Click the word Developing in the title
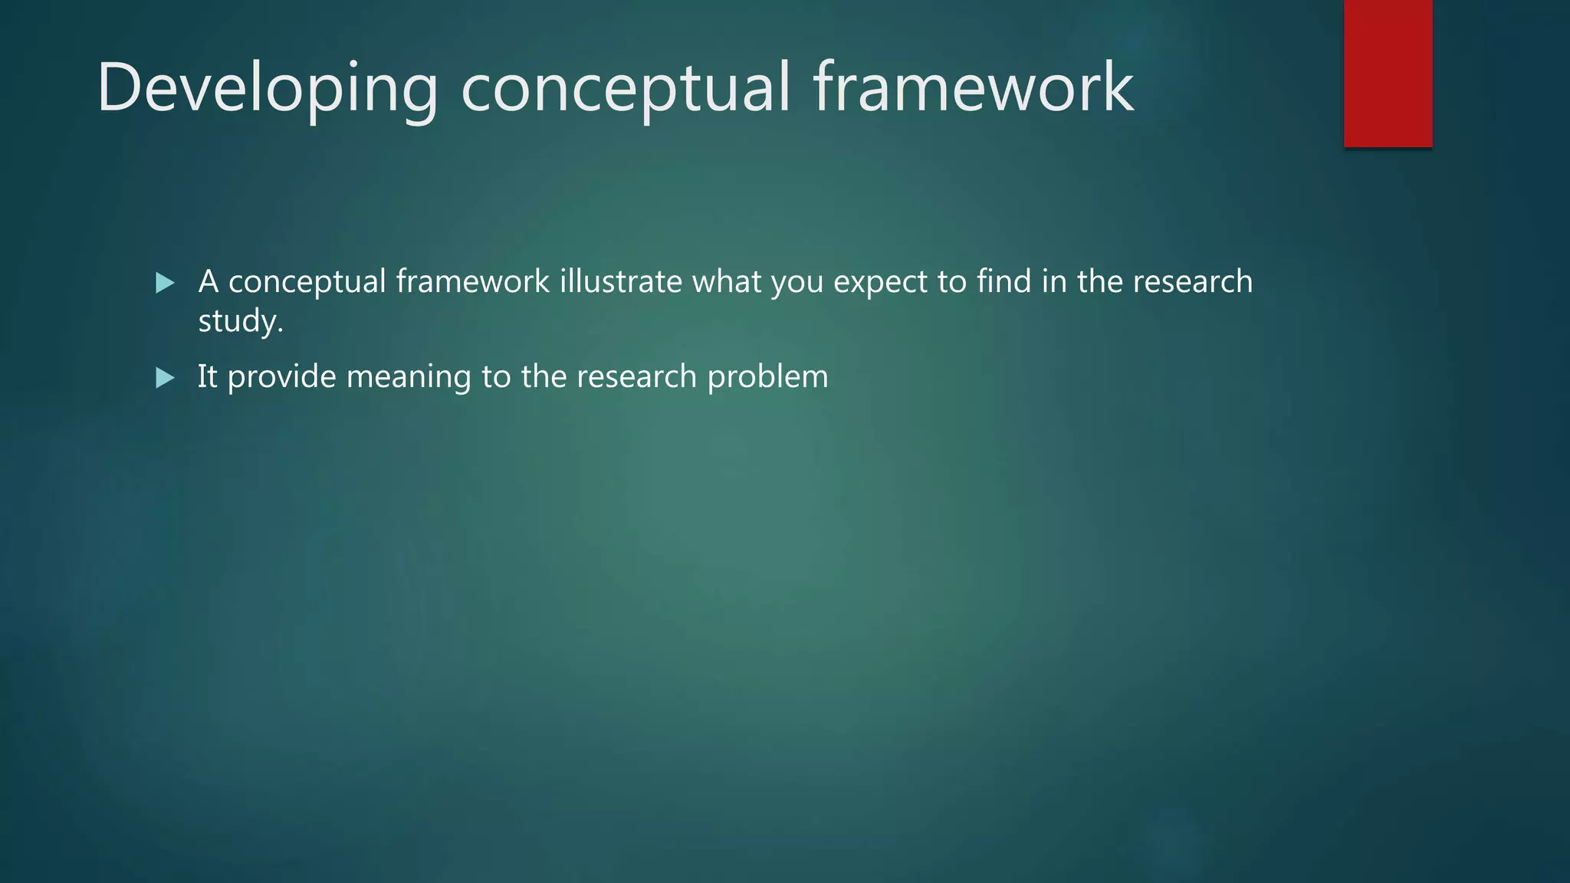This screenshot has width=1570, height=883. tap(268, 88)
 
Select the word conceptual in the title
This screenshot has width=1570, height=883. tap(625, 88)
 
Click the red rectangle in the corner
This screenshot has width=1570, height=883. tap(1388, 74)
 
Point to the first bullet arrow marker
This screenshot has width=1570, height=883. tap(165, 283)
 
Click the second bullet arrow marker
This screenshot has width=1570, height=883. tap(165, 378)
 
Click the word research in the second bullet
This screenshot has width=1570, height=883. tap(636, 376)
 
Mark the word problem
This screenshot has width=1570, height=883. tap(767, 377)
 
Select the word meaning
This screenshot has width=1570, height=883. tap(409, 377)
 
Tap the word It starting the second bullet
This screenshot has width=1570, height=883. tap(207, 376)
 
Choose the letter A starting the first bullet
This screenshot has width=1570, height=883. tap(209, 281)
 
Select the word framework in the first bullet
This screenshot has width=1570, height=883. tap(472, 281)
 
